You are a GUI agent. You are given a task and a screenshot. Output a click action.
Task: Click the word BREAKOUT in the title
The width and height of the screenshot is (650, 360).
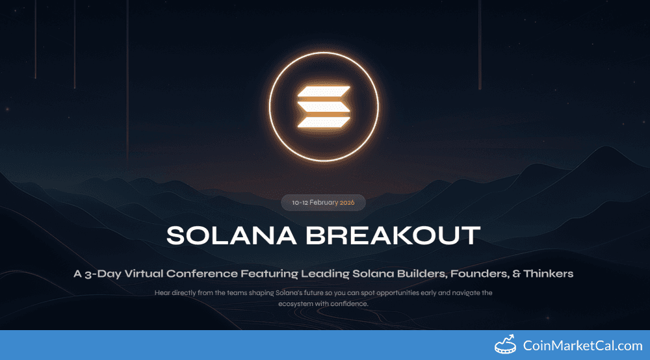(x=393, y=235)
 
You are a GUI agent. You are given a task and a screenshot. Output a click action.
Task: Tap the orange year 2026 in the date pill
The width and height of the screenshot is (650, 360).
(x=346, y=203)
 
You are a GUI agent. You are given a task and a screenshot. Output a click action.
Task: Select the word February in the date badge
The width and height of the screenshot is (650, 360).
(x=324, y=203)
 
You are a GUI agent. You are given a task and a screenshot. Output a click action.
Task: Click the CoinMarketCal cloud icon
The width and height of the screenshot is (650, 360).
(x=507, y=345)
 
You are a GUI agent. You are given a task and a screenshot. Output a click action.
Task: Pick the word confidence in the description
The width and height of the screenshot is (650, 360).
(x=350, y=303)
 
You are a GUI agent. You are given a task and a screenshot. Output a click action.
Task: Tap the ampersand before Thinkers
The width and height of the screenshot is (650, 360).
(x=516, y=274)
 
